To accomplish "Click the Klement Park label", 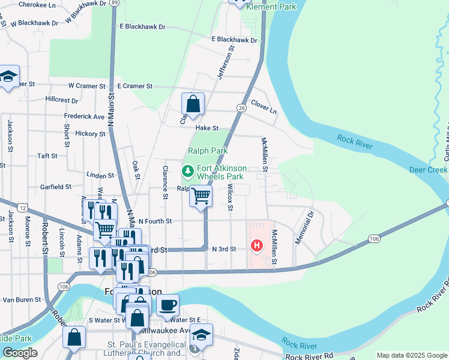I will (271, 7).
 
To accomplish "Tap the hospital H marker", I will (257, 245).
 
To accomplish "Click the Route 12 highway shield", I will (23, 207).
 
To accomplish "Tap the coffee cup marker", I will (168, 305).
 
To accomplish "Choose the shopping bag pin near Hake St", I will (193, 104).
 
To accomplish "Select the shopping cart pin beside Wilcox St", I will (201, 196).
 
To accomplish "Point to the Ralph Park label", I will (208, 151).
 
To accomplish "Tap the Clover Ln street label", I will (264, 106).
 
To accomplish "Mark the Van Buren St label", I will (21, 299).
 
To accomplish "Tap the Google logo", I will (20, 353).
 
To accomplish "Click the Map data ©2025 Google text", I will (411, 355).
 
